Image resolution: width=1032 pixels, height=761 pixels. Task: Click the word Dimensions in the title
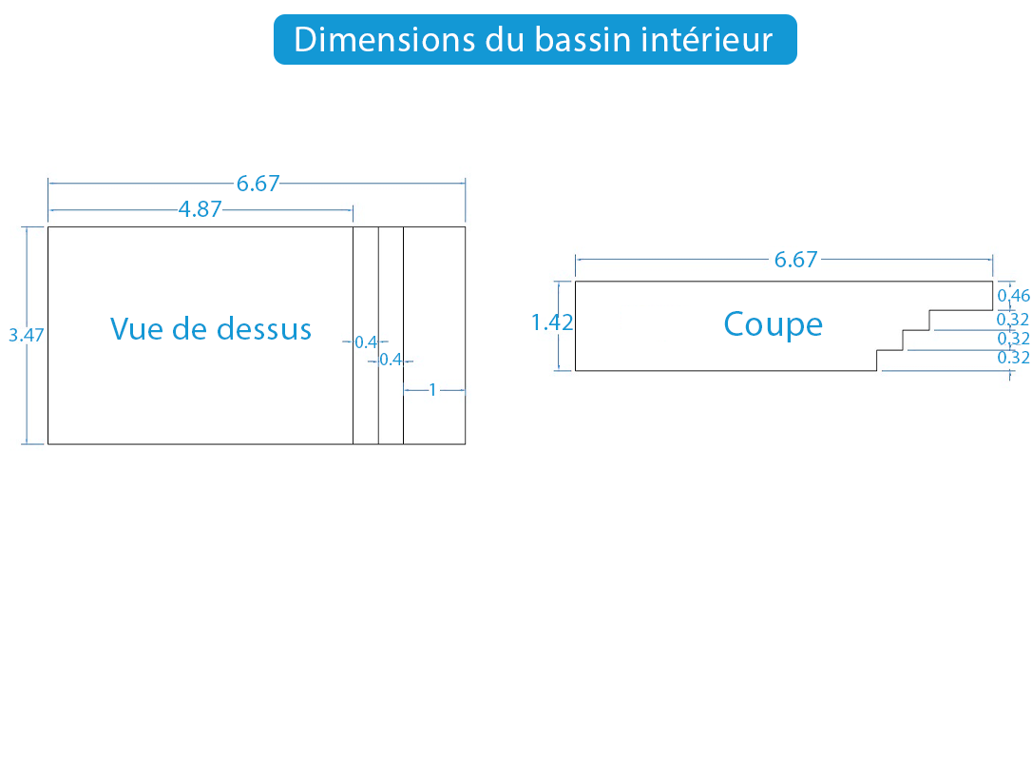tap(384, 40)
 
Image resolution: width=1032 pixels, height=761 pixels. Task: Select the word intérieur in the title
tap(707, 40)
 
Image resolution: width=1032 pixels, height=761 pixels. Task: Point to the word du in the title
tap(505, 40)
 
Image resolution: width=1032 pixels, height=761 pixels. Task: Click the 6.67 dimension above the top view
tap(258, 184)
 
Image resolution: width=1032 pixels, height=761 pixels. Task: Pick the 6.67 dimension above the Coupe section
tap(795, 260)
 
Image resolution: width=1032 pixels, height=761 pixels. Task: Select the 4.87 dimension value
tap(201, 209)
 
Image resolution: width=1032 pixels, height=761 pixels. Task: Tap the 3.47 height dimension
tap(27, 336)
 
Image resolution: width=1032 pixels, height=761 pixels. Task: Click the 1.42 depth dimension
tap(552, 322)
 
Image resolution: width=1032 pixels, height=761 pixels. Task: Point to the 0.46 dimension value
tap(1014, 295)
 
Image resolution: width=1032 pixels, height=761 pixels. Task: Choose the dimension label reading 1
tap(432, 390)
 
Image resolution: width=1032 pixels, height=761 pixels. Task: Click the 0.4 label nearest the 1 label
tap(391, 360)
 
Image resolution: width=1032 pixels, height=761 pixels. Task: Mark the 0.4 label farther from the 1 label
tap(366, 341)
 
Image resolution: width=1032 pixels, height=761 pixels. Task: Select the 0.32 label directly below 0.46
tap(1013, 320)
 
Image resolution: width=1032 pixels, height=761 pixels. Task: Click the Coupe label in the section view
tap(774, 324)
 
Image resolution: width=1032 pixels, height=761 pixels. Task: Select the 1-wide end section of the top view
tap(434, 336)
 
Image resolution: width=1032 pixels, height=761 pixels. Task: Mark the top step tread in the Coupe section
tap(961, 310)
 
